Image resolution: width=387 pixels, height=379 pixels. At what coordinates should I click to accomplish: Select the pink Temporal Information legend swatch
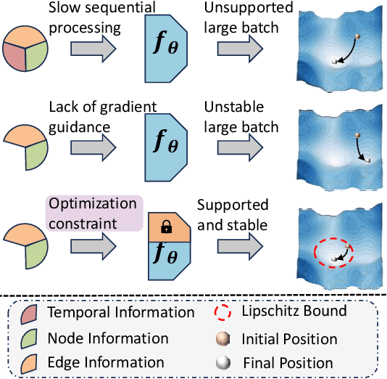[31, 314]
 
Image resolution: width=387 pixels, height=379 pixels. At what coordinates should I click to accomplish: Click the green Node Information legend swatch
[31, 338]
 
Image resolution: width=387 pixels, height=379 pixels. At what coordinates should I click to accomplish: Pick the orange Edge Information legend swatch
[31, 362]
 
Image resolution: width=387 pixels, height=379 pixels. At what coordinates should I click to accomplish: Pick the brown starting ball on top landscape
[357, 36]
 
